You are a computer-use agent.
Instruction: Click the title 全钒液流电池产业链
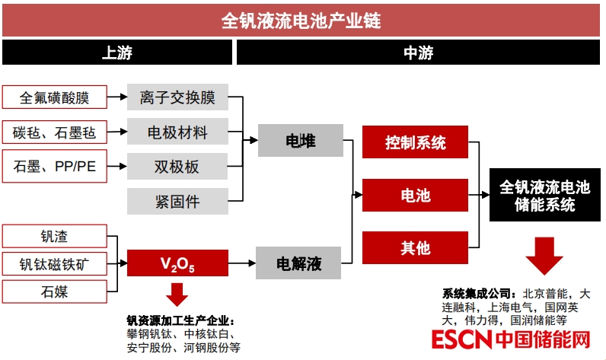coord(301,20)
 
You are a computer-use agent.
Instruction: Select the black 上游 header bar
coord(117,53)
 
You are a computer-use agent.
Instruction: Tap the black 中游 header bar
coord(418,53)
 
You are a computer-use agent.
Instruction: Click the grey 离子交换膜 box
coord(177,97)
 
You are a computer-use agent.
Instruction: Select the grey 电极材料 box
coord(177,132)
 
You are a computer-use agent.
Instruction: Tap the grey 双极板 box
coord(177,165)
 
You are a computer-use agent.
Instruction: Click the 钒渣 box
coord(54,236)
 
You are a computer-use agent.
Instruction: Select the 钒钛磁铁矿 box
coord(54,264)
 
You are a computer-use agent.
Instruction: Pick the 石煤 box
coord(54,292)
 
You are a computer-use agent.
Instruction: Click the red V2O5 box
coord(177,263)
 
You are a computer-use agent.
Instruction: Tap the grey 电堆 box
coord(300,141)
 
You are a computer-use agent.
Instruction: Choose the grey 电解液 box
coord(300,263)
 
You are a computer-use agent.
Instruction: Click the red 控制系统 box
coord(415,142)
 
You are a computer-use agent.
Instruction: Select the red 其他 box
coord(415,247)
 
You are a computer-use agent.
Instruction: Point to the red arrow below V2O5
coord(177,295)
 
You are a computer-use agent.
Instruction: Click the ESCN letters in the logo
coord(458,340)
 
